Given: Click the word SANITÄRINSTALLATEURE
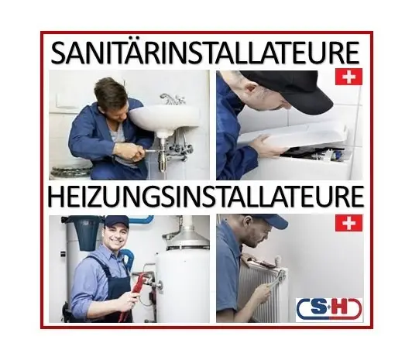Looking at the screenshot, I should (205, 53).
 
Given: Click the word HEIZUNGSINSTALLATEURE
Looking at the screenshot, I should (205, 197).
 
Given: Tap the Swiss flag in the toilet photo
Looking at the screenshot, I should (348, 77).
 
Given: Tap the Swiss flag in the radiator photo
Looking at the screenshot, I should (348, 223).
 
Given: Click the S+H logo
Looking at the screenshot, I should (329, 309).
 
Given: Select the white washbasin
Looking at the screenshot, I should (164, 117).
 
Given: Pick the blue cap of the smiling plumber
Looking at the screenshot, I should (116, 221).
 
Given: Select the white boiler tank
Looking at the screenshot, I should (182, 279).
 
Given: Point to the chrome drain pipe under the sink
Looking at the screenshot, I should (162, 155).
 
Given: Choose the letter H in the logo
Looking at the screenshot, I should (343, 309).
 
